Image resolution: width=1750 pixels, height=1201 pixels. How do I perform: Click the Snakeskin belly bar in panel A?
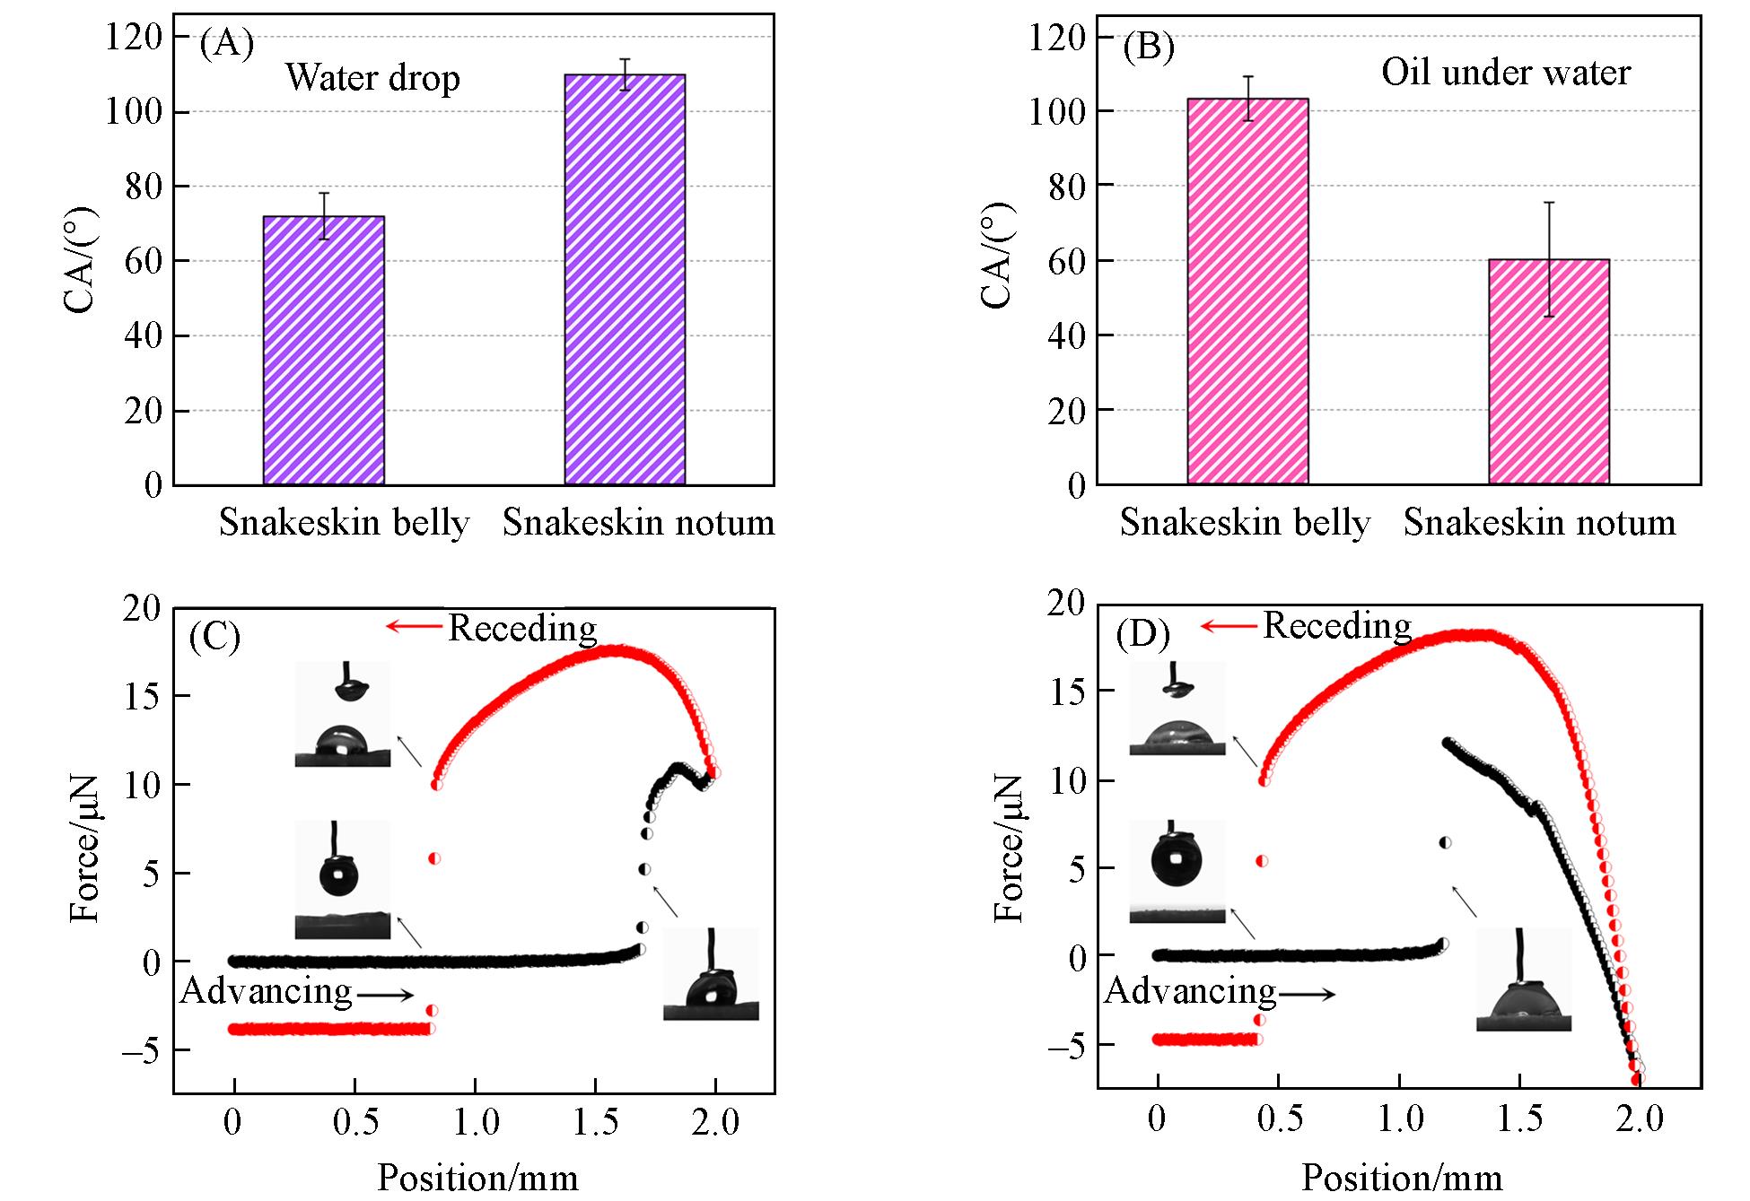coord(323,350)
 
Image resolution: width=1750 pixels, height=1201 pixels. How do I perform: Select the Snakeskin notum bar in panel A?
coord(625,280)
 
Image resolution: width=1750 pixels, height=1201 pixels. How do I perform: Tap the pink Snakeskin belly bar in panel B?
coord(1247,292)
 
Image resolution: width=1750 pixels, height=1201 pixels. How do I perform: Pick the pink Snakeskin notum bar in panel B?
coord(1548,372)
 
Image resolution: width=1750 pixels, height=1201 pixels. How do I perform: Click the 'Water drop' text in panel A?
coord(372,78)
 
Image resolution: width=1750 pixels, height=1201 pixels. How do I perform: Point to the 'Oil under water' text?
coord(1505,73)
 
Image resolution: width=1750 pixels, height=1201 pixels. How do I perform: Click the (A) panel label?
coord(226,42)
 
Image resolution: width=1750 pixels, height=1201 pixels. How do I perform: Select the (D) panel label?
coord(1142,634)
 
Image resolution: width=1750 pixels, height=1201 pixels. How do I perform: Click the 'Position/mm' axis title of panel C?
coord(477,1176)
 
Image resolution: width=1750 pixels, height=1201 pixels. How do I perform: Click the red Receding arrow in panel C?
coord(415,626)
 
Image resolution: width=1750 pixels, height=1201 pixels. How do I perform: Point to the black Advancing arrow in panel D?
coord(1307,994)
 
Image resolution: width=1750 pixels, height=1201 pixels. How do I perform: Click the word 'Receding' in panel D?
coord(1337,625)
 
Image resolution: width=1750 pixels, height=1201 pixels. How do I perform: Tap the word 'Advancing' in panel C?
coord(266,990)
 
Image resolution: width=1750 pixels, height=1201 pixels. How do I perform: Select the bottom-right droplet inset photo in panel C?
coord(711,974)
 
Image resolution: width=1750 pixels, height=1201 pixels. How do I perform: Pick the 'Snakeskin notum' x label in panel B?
coord(1539,522)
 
